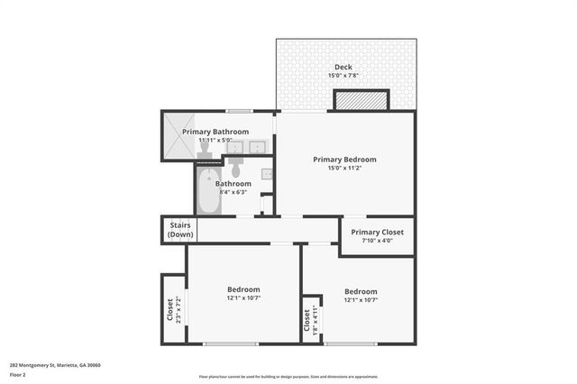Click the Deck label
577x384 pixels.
pyautogui.click(x=343, y=68)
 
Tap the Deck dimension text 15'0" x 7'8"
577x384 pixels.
pyautogui.click(x=343, y=77)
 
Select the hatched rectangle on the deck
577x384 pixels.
pyautogui.click(x=362, y=100)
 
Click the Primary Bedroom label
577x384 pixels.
pyautogui.click(x=344, y=160)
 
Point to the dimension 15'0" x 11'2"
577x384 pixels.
pyautogui.click(x=344, y=169)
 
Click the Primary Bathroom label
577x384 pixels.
pyautogui.click(x=215, y=132)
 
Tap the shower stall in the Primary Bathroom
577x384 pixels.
pyautogui.click(x=178, y=136)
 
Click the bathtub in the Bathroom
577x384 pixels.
pyautogui.click(x=206, y=191)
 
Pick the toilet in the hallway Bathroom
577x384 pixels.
pyautogui.click(x=236, y=169)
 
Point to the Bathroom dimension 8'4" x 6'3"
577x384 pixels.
pyautogui.click(x=233, y=192)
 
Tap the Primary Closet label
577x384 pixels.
pyautogui.click(x=377, y=232)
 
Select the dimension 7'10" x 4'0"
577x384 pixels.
pyautogui.click(x=377, y=241)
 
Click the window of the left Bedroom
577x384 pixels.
pyautogui.click(x=230, y=343)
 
